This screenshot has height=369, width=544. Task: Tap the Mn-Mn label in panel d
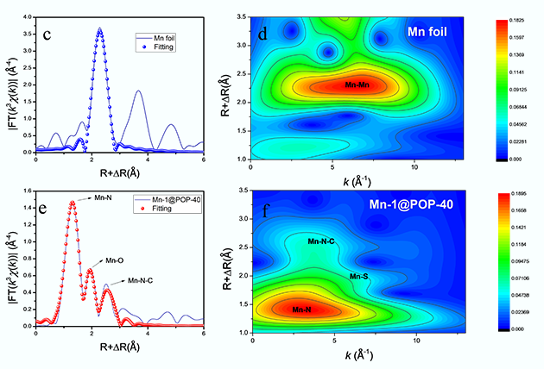pos(358,85)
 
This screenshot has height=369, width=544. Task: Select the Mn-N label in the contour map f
pos(302,310)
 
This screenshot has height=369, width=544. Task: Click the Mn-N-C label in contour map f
pos(321,241)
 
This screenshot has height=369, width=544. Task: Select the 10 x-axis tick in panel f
pos(416,341)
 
